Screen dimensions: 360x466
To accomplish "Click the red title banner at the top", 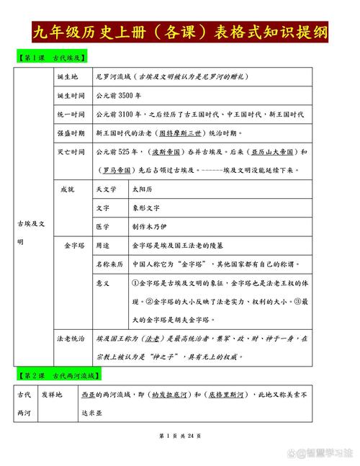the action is (x=180, y=32).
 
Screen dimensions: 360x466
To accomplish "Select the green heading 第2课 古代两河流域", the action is (x=60, y=376).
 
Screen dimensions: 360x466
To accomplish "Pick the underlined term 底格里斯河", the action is (x=229, y=395).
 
